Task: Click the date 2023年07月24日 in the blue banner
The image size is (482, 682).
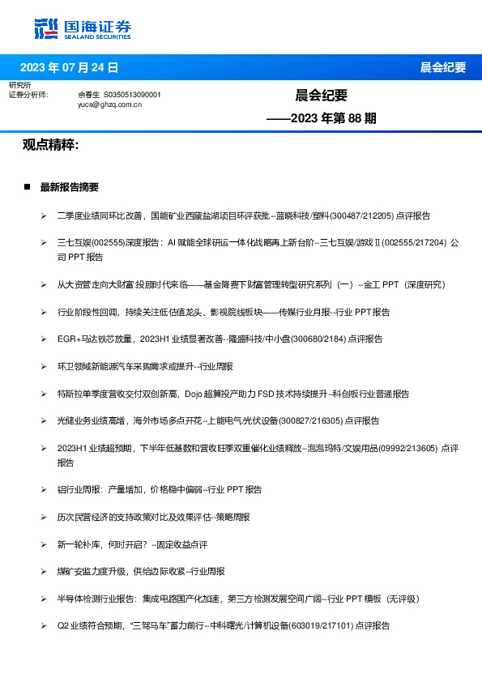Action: tap(69, 67)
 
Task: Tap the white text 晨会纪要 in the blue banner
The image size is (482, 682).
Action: tap(443, 67)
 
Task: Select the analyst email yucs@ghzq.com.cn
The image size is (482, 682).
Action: tap(110, 104)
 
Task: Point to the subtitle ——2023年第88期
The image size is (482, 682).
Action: tap(322, 118)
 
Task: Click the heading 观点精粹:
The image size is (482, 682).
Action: tap(50, 144)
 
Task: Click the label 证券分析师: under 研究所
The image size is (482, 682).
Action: tap(28, 95)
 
